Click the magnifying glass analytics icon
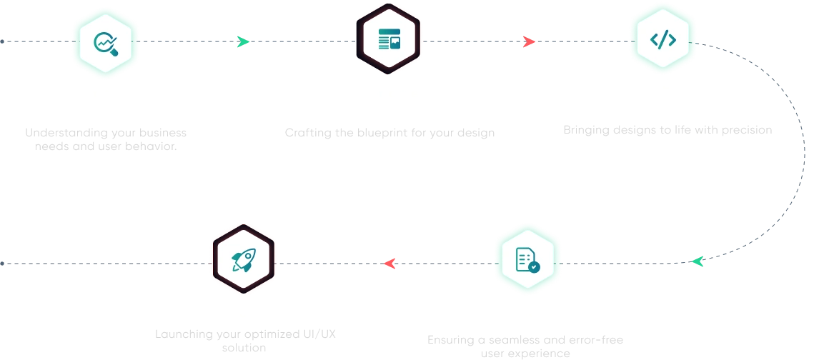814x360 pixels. [x=105, y=43]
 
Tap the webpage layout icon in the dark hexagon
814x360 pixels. [x=389, y=39]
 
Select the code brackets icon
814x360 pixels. [x=662, y=39]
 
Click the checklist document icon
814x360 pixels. [x=527, y=259]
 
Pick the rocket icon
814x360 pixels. [x=244, y=260]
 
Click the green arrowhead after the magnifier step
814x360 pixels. [x=243, y=43]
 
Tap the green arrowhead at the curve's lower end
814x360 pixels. [x=697, y=261]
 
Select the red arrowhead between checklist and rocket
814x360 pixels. [x=390, y=264]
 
